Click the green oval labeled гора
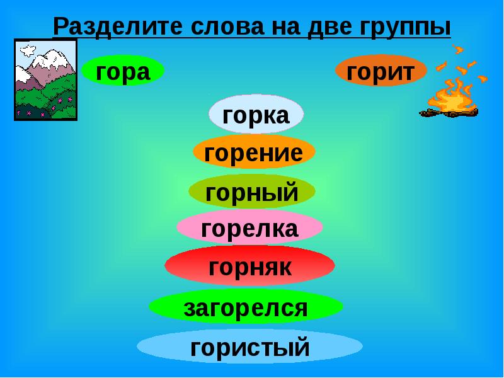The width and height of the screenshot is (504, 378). coord(123,71)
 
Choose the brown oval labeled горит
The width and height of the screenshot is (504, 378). coord(381,71)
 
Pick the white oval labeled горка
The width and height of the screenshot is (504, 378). coord(256,115)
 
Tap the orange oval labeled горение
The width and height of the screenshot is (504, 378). coord(254,152)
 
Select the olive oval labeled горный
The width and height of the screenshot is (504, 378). coord(252,192)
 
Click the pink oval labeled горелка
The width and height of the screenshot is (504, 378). coord(249,228)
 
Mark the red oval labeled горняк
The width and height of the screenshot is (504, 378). coord(249,266)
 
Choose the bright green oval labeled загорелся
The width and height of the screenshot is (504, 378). coord(246,307)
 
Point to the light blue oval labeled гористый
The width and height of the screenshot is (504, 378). coord(249,346)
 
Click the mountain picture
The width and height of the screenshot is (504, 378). coord(45,79)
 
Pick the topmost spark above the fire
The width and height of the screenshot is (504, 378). coord(459,49)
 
